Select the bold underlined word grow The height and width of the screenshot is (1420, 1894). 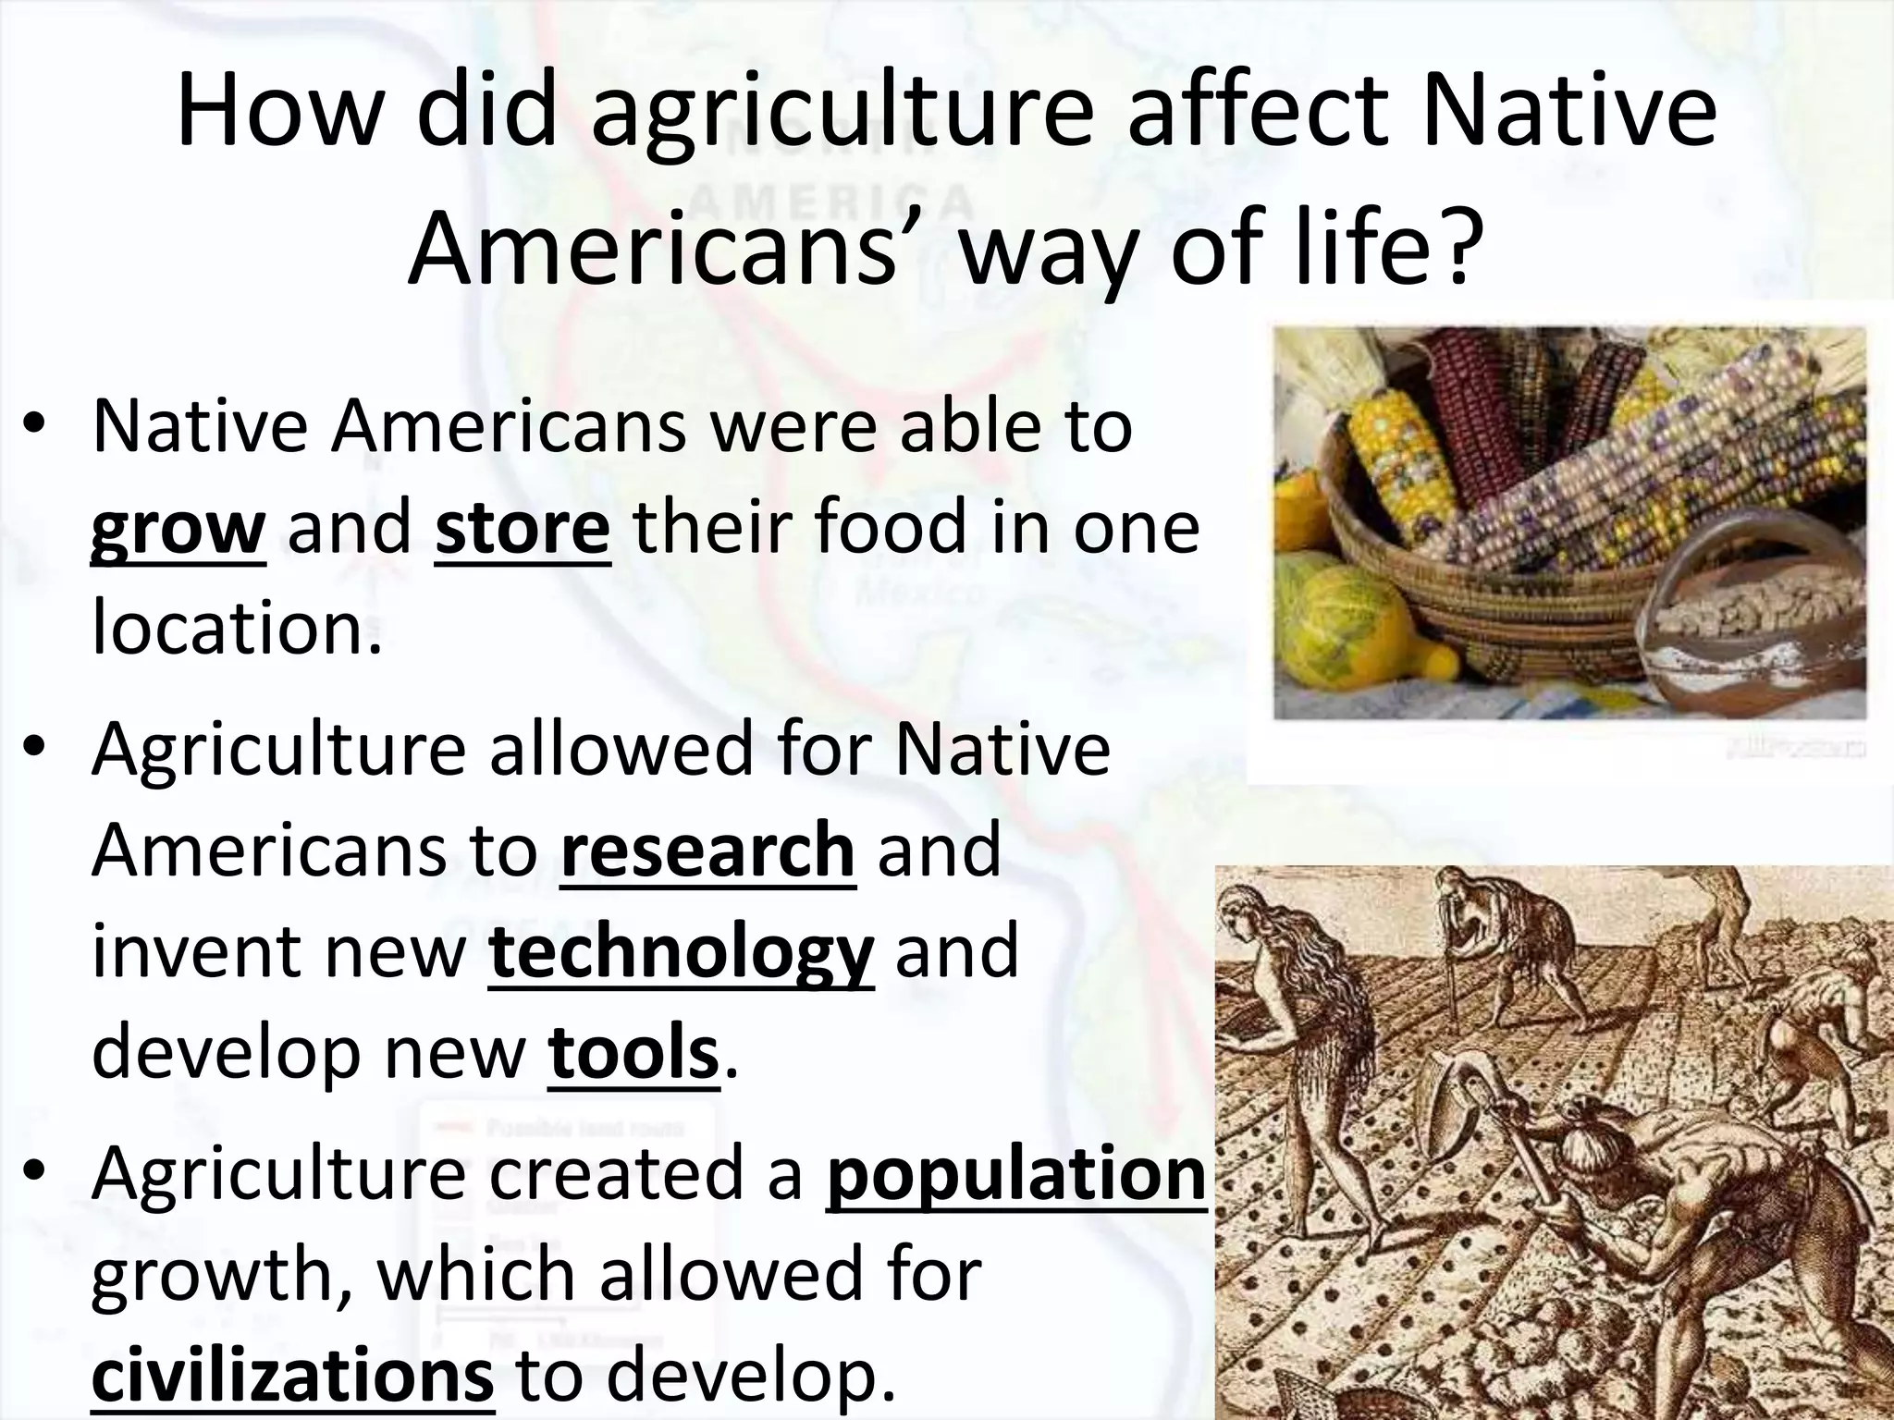tap(178, 527)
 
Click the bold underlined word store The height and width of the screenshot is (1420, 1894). tap(523, 527)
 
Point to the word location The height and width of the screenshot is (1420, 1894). tap(237, 627)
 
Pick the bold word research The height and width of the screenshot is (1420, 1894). tap(707, 851)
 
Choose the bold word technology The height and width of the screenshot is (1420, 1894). tap(681, 952)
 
